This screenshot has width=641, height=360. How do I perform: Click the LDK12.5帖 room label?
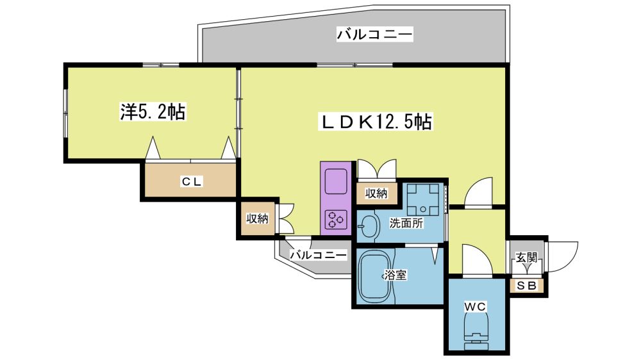pyautogui.click(x=376, y=122)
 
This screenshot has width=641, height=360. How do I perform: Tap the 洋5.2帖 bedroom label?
pyautogui.click(x=153, y=111)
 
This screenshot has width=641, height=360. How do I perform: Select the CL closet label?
pyautogui.click(x=191, y=181)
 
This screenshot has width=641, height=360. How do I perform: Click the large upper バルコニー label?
pyautogui.click(x=374, y=35)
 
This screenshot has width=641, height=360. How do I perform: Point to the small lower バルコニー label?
pyautogui.click(x=319, y=255)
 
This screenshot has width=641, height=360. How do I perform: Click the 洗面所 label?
pyautogui.click(x=406, y=223)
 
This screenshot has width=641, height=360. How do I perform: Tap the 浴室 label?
pyautogui.click(x=395, y=275)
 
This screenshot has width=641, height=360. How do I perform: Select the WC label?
pyautogui.click(x=474, y=306)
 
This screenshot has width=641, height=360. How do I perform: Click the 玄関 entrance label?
pyautogui.click(x=526, y=258)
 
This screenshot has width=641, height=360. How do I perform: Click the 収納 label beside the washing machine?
pyautogui.click(x=376, y=193)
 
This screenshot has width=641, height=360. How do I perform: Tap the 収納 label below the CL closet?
pyautogui.click(x=257, y=218)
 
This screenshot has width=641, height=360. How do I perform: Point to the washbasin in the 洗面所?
pyautogui.click(x=368, y=226)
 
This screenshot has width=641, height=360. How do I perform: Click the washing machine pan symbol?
pyautogui.click(x=423, y=199)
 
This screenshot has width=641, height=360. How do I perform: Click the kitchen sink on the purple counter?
pyautogui.click(x=336, y=182)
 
